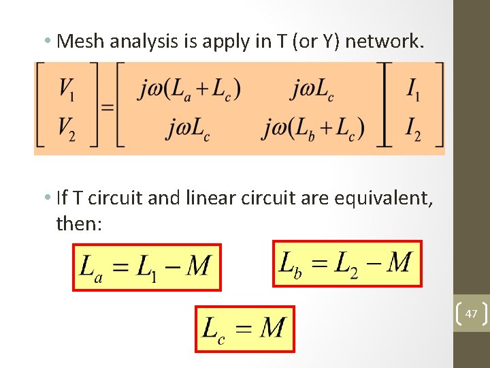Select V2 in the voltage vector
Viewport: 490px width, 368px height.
pos(67,128)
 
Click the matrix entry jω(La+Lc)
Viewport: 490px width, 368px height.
pos(189,89)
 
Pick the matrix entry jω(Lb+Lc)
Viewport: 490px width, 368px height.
pos(314,127)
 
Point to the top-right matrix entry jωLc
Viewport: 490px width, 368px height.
pos(312,89)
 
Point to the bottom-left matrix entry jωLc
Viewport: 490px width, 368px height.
pos(187,127)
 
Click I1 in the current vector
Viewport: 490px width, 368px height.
pos(413,88)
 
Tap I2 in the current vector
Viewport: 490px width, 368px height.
pos(413,128)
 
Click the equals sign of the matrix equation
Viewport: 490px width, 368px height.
pos(107,107)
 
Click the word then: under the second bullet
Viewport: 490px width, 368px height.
pos(80,223)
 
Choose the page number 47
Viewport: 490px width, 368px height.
pos(471,314)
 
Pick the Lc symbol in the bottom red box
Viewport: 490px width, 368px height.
pos(214,329)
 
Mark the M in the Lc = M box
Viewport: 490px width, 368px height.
pos(272,328)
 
